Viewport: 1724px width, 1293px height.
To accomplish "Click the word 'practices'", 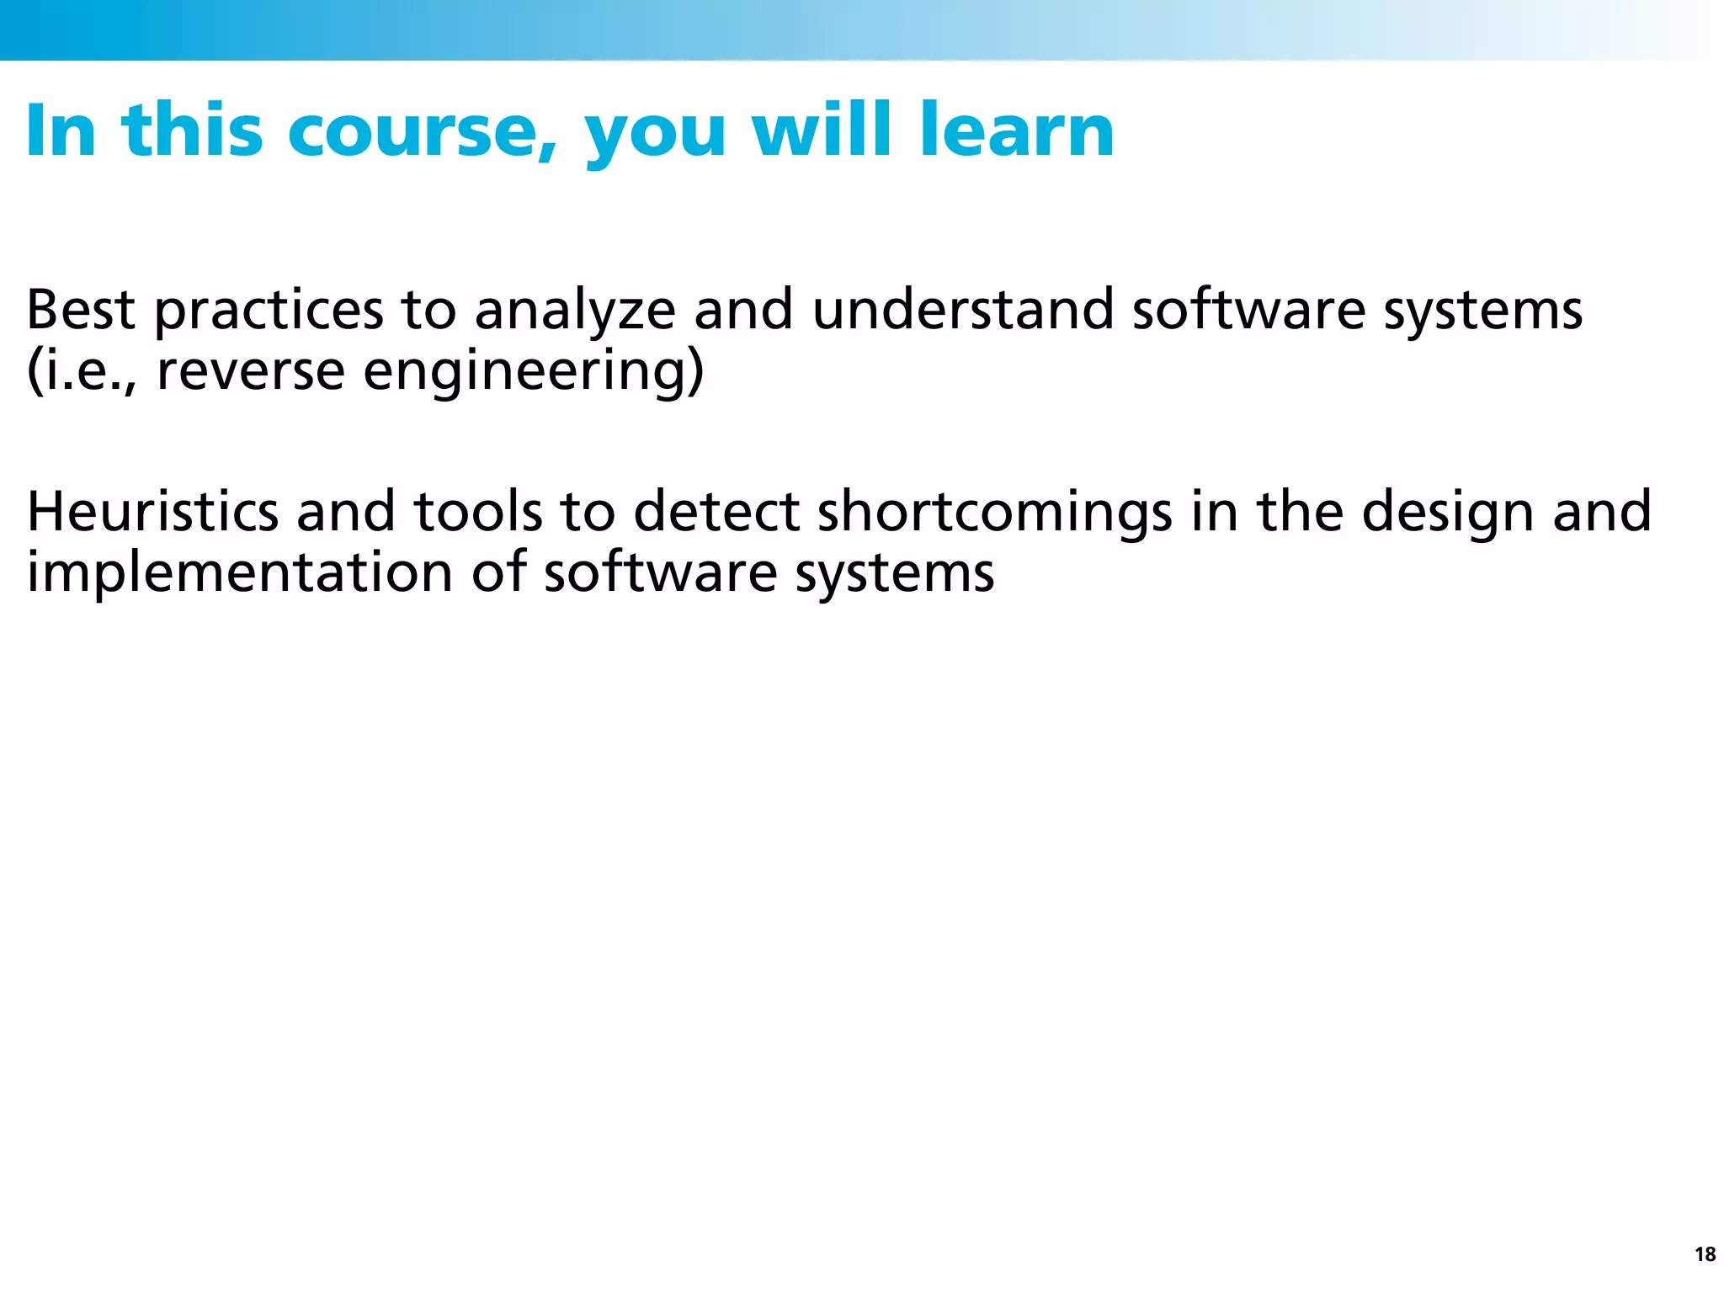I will pyautogui.click(x=269, y=311).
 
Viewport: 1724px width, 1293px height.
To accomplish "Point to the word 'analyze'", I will pyautogui.click(x=575, y=311).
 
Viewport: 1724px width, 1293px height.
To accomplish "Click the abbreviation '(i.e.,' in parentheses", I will pyautogui.click(x=82, y=371).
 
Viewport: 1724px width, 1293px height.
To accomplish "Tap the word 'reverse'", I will pyautogui.click(x=251, y=373).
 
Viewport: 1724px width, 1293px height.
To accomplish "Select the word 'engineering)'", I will pyautogui.click(x=533, y=373).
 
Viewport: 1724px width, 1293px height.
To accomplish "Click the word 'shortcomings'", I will pyautogui.click(x=994, y=513).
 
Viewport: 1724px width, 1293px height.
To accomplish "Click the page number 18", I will pyautogui.click(x=1705, y=1254).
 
